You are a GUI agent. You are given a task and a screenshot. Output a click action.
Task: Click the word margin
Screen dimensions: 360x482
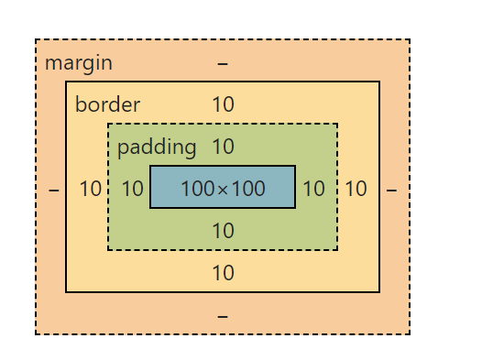(79, 63)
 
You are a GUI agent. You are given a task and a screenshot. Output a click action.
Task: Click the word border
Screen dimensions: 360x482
(107, 104)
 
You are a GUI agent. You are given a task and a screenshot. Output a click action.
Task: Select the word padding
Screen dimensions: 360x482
(157, 147)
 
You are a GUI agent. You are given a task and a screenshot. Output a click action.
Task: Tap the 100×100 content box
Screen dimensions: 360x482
(223, 188)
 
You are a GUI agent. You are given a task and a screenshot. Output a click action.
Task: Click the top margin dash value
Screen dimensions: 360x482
(223, 63)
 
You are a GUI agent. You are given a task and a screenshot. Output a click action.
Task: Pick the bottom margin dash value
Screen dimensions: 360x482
(223, 315)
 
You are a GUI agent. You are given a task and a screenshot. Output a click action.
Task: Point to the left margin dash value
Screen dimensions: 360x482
(53, 190)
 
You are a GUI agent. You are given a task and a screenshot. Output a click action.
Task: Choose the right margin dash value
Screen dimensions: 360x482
(392, 190)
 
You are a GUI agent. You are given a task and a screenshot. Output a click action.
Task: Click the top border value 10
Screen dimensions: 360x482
(223, 104)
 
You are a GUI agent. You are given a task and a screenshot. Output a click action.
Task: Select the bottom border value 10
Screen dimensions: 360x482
(223, 273)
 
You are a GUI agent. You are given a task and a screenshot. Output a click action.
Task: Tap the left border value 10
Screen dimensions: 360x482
(90, 190)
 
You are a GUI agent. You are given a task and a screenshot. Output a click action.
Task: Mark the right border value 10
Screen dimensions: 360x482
(356, 190)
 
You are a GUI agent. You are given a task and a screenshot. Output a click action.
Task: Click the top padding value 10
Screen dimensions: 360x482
(223, 147)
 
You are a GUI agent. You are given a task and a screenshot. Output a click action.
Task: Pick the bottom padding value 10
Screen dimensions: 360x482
(223, 231)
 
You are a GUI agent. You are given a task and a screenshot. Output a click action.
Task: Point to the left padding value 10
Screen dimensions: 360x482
(133, 190)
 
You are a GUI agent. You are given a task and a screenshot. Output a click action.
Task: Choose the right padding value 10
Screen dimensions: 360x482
(313, 190)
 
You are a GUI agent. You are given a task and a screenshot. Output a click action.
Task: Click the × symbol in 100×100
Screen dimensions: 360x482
(223, 190)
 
